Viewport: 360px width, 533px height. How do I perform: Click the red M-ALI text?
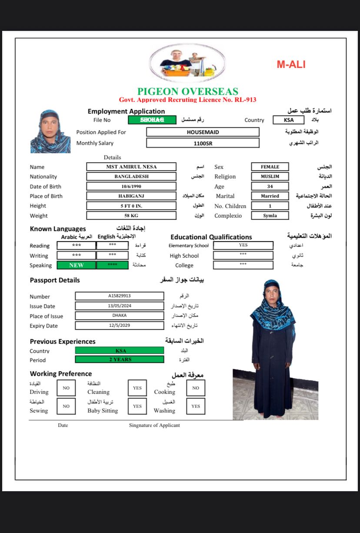tap(291, 65)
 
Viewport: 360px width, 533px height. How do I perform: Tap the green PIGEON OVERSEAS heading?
tap(188, 92)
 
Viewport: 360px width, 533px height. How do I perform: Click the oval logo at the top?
tap(187, 64)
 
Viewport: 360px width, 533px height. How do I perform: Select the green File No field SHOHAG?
tap(152, 120)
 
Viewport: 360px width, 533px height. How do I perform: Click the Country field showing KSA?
tap(288, 120)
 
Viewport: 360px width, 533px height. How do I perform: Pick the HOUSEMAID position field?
tap(203, 132)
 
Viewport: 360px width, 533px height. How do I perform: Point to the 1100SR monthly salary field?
tap(203, 143)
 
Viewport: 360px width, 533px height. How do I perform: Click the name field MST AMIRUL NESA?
tap(131, 167)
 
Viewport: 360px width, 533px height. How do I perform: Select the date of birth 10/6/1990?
tap(131, 186)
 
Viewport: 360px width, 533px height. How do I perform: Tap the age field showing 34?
tap(270, 186)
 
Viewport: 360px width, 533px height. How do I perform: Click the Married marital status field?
tap(270, 196)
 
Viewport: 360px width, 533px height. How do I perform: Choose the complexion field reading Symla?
tap(270, 215)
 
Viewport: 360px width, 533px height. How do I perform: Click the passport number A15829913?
tap(119, 296)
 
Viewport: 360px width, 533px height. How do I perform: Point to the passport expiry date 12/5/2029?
tap(119, 325)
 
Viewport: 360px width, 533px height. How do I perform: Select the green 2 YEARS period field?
tap(120, 359)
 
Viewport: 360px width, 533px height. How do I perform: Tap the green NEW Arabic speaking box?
tap(76, 265)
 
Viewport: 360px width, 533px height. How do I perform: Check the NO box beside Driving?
tap(66, 388)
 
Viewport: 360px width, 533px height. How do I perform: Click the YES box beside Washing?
tap(196, 406)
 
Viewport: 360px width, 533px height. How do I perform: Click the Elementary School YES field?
tap(243, 245)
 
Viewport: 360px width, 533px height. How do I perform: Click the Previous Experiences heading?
tap(63, 342)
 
